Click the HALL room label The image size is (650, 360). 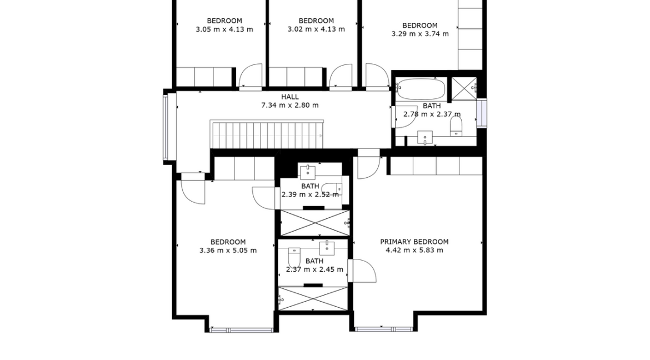click(x=289, y=97)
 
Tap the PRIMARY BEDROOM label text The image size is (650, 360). click(x=414, y=242)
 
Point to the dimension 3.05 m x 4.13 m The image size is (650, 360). click(x=224, y=29)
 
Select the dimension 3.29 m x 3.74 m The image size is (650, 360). click(x=420, y=34)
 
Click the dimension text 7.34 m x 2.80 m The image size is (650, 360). click(x=289, y=105)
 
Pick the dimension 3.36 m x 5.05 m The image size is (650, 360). click(x=228, y=250)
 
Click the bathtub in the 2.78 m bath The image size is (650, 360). click(x=421, y=88)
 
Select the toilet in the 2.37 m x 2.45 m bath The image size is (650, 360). click(x=294, y=258)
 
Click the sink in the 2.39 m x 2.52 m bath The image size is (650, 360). click(x=308, y=172)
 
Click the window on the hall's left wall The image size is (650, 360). click(x=166, y=127)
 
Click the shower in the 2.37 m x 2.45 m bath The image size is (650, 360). click(x=313, y=299)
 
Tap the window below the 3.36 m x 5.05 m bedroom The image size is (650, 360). click(x=242, y=330)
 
